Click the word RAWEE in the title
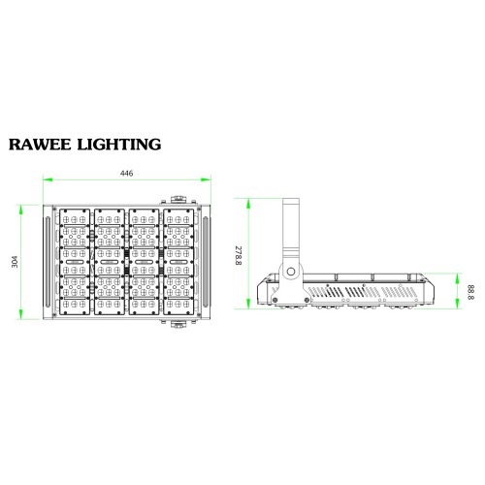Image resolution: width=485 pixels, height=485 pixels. point(40,145)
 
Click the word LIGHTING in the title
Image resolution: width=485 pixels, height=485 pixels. point(119,145)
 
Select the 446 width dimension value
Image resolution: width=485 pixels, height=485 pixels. point(126,174)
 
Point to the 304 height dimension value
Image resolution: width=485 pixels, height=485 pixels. point(15,262)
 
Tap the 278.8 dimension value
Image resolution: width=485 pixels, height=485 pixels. point(239,256)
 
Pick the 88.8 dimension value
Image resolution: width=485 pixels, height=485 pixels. point(470,292)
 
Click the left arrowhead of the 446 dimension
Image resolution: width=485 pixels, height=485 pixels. point(48,179)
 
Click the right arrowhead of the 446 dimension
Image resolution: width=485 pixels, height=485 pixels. point(206,179)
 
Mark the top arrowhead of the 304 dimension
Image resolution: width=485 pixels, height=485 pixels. point(21,210)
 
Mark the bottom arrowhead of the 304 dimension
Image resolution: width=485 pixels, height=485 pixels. point(21,314)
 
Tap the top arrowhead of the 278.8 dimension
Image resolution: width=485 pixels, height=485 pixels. point(248,203)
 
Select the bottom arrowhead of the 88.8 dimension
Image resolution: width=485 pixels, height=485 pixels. point(457,304)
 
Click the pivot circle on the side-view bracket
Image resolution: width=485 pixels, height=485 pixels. point(291,271)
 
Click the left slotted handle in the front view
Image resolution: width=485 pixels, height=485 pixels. point(48,262)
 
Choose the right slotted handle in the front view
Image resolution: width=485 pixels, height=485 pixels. point(206,262)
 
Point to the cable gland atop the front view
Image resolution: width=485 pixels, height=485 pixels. point(178,199)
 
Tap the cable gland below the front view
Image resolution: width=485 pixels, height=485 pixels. point(178,324)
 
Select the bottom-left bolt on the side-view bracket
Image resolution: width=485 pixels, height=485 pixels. point(275,300)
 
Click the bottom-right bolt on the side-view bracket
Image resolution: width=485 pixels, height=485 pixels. point(307,300)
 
